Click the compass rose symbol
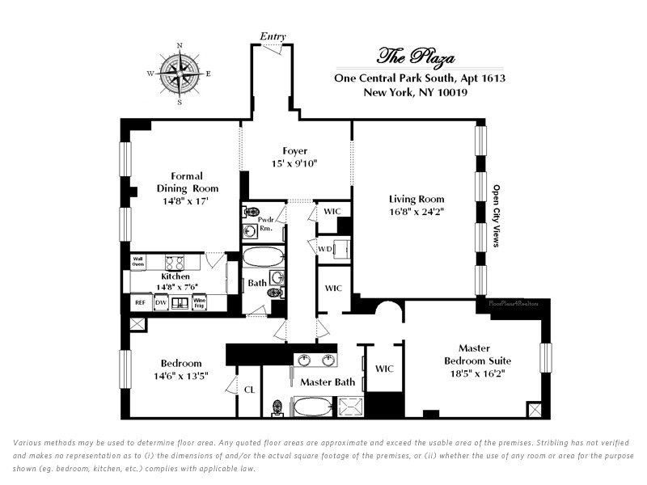[179, 73]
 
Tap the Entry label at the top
[272, 36]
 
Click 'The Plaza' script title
[417, 57]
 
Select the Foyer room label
[295, 151]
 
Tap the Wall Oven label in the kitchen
[138, 261]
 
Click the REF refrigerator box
[139, 303]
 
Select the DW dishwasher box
[160, 303]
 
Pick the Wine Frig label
[199, 303]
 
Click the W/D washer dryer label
[323, 248]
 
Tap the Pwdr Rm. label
[265, 223]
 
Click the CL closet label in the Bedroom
[249, 390]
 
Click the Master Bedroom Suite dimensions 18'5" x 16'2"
[474, 374]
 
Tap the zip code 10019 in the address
[450, 93]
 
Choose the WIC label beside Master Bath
[384, 369]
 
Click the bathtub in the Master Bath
[315, 406]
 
